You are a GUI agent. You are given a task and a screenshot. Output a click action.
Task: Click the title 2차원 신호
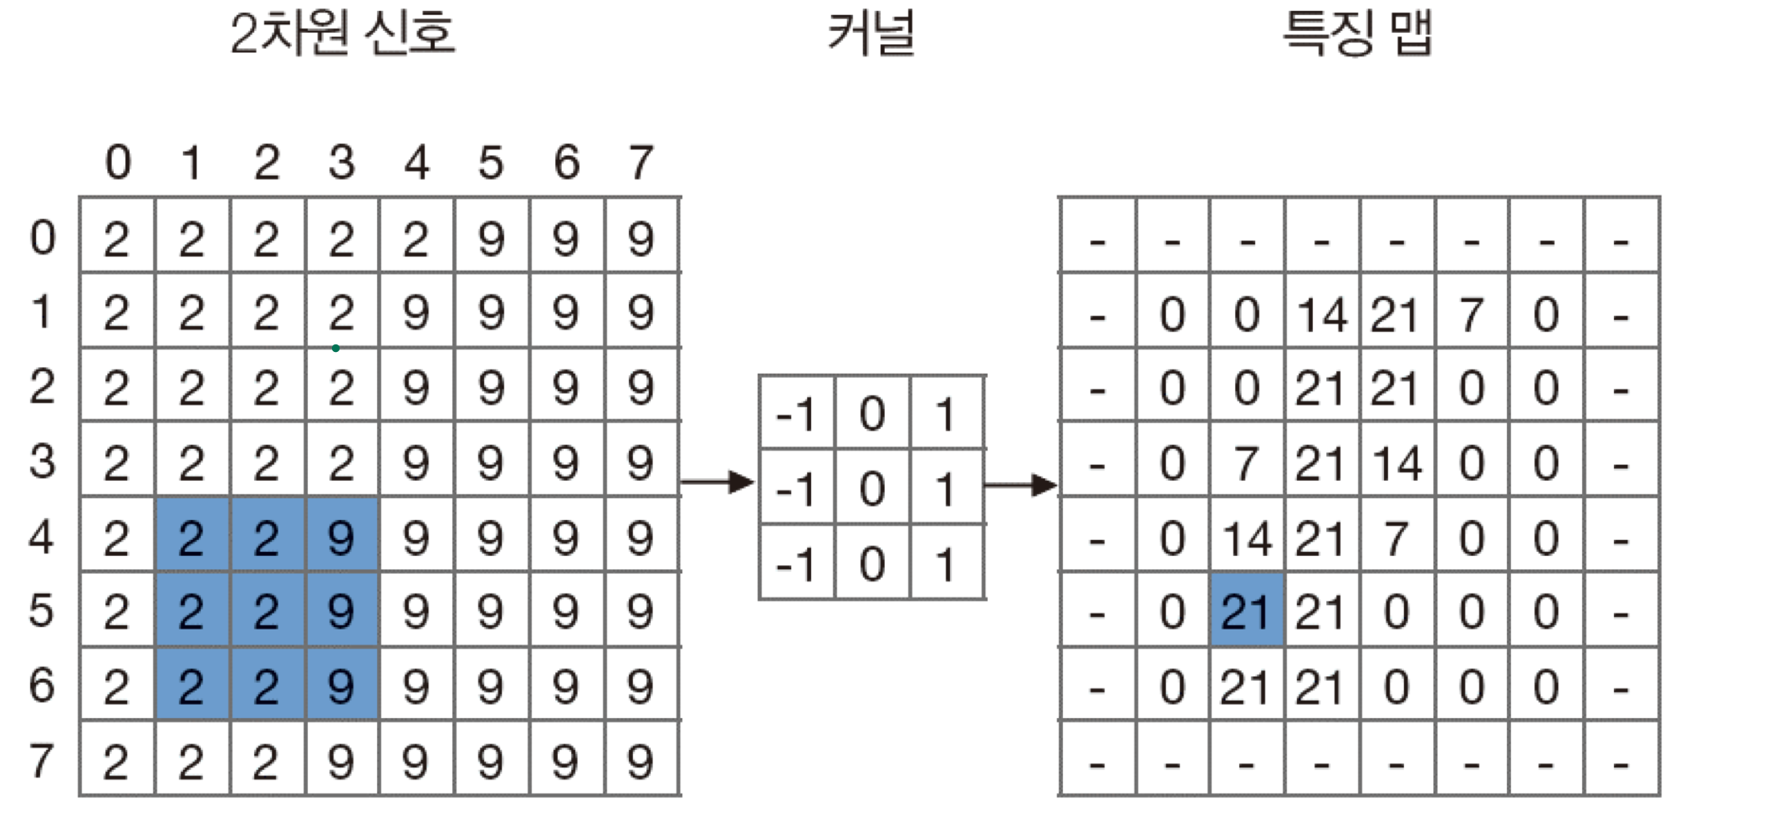[x=342, y=34]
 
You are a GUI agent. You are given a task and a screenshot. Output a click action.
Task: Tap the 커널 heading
[x=871, y=34]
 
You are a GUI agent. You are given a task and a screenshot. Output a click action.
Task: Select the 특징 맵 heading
[x=1357, y=34]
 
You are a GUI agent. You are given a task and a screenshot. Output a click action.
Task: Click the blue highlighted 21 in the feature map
[x=1246, y=611]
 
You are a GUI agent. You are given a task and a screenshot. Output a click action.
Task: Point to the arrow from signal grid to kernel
[x=717, y=482]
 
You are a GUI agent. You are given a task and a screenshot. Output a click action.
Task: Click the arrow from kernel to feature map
[x=1020, y=485]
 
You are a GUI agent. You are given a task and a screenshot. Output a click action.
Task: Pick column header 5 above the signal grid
[x=491, y=162]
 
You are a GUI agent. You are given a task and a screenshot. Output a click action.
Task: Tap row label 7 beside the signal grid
[x=42, y=761]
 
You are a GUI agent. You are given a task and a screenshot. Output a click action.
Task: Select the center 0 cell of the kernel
[x=871, y=488]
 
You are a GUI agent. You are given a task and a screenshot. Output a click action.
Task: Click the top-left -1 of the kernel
[x=796, y=414]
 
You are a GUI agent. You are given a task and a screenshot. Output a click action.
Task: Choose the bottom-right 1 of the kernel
[x=946, y=564]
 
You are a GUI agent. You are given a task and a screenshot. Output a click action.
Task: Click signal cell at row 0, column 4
[x=416, y=239]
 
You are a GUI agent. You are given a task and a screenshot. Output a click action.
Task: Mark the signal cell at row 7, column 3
[x=341, y=762]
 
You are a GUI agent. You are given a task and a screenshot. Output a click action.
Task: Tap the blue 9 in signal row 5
[x=341, y=611]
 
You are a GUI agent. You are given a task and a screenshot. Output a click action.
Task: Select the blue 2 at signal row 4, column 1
[x=191, y=538]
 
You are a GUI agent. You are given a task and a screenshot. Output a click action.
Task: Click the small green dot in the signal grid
[x=335, y=348]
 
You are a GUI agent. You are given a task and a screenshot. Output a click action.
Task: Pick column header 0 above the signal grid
[x=118, y=162]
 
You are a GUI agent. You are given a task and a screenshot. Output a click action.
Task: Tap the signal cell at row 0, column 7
[x=641, y=239]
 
